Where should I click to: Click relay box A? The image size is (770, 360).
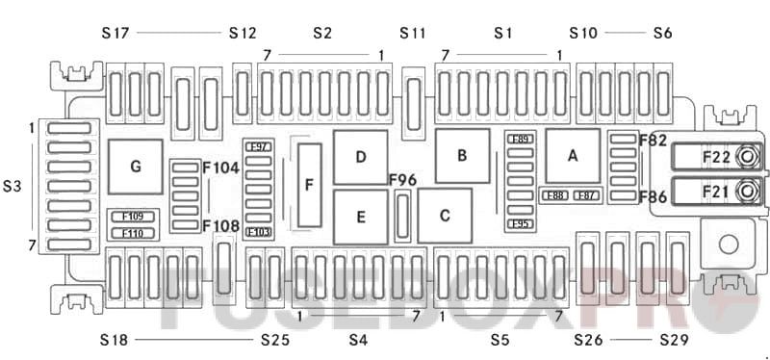573,155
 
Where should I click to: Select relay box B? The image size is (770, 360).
462,155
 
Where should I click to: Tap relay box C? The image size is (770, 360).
445,216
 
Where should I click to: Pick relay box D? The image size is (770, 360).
360,157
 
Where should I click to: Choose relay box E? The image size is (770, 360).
360,217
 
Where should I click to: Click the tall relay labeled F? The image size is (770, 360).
309,185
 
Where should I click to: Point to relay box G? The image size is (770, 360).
135,167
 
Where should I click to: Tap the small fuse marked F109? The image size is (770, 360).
132,217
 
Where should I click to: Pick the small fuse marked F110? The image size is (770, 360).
132,233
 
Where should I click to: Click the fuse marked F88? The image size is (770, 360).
553,196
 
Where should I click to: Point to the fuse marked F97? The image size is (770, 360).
258,146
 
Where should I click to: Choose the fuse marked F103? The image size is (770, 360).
258,232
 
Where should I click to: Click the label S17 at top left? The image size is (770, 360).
115,33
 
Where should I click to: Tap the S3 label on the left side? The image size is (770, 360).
13,185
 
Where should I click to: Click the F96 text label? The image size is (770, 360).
402,180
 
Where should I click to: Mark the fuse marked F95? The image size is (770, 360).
520,224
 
